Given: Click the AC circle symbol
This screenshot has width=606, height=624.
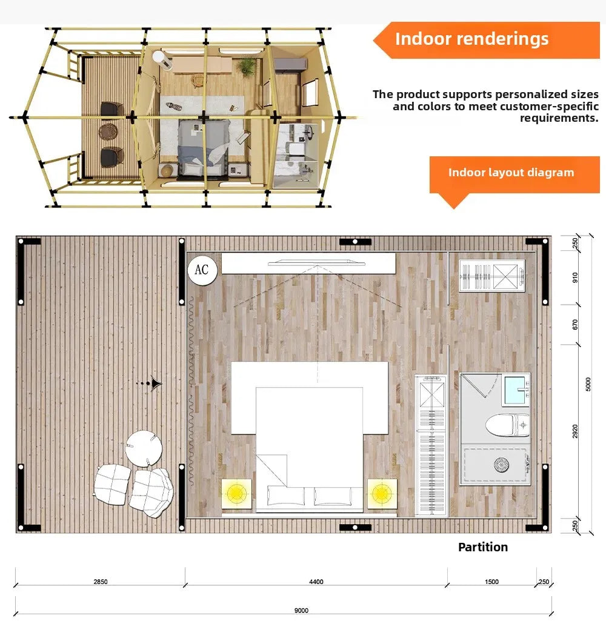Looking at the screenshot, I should pos(201,268).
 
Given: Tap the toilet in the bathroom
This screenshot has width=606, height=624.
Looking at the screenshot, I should pos(508,425).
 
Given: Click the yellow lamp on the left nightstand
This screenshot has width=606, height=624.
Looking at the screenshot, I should pos(236,494).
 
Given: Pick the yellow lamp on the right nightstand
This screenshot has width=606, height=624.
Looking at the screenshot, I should pos(382,494).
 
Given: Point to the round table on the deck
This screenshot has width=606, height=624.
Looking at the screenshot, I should pos(144,448).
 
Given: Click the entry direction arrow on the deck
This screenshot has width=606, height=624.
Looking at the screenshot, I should pos(156,383).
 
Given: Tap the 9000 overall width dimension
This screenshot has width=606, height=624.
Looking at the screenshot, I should pos(301,611).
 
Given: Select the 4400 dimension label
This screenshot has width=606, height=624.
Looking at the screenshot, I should pos(316,582).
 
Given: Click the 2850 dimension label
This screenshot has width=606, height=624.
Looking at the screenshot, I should pos(101,582).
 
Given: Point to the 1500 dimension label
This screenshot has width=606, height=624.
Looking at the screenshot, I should pos(492,582).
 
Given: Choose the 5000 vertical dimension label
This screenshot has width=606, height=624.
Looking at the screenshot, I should pos(588,384).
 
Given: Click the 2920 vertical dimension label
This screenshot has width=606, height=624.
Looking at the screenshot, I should pos(575,431).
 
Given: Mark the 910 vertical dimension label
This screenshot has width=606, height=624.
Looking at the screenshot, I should pos(575,277).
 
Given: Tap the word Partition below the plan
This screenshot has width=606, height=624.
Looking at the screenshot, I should pos(483,547).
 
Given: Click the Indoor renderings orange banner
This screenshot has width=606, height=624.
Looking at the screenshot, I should pos(472,39).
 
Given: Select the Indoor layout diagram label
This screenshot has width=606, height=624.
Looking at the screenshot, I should pos(511,173).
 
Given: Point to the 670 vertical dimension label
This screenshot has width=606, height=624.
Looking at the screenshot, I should pos(575,325).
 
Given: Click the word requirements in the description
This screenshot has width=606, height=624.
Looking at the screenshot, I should pos(559,118).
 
